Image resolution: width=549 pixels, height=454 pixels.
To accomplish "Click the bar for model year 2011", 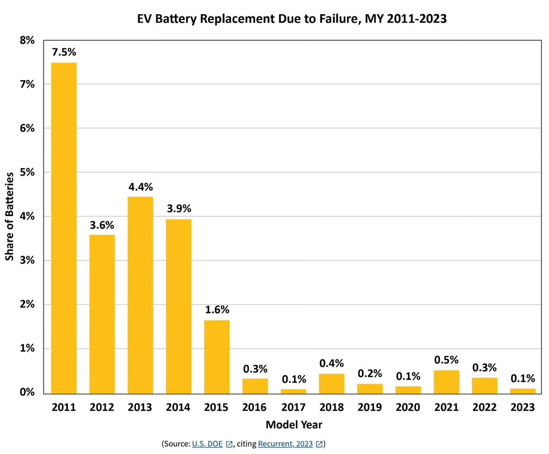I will [x=64, y=228].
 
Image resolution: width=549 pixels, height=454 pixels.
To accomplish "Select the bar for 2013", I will [x=140, y=295].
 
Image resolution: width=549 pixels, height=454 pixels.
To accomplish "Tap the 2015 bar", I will [x=217, y=356].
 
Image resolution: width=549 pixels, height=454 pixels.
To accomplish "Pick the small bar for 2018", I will [x=332, y=384].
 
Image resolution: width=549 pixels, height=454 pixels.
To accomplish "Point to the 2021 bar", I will [x=446, y=382].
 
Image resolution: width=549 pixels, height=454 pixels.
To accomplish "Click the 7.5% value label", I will [x=64, y=52].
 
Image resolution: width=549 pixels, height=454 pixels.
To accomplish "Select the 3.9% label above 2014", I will [x=179, y=209].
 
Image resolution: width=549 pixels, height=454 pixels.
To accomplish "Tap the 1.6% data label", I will [x=217, y=310].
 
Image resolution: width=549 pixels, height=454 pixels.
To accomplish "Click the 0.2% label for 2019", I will [x=370, y=373].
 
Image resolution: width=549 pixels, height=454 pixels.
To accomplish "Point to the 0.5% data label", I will [x=446, y=360].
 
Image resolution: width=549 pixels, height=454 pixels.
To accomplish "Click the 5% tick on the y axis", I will [x=27, y=172].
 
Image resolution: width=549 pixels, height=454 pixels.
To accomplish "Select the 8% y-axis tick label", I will [x=27, y=40].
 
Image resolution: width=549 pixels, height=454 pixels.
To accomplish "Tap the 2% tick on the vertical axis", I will [x=27, y=305].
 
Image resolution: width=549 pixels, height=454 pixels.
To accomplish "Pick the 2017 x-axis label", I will [x=293, y=407].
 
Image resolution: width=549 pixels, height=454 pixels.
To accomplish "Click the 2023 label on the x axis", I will [x=522, y=407].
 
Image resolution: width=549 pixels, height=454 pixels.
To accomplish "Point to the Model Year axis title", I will [x=294, y=425].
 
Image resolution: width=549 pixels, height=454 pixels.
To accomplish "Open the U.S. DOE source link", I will [x=207, y=444].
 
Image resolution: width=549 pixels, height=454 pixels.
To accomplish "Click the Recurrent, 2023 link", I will [x=285, y=444].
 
